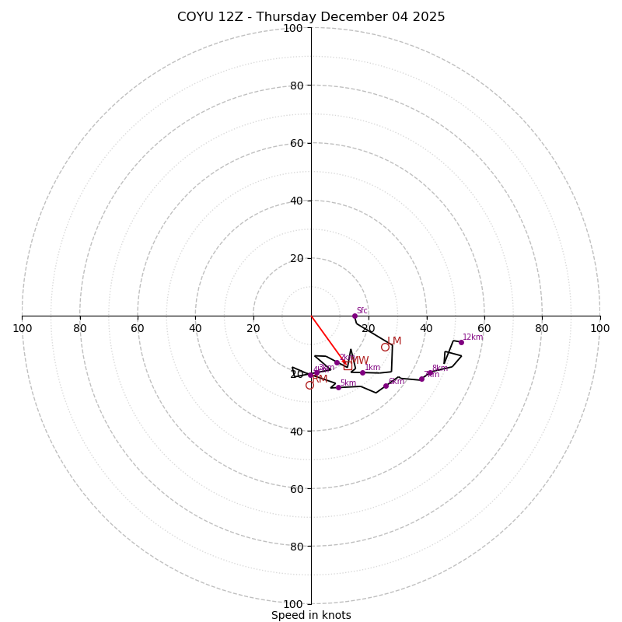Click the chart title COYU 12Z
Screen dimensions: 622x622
tap(311, 17)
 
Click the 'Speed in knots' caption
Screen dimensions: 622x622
tap(311, 615)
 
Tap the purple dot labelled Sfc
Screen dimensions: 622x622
tap(355, 316)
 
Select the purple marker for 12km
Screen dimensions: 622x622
tap(461, 342)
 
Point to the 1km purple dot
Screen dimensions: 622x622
tap(362, 372)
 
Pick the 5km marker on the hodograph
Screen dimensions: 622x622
tap(338, 387)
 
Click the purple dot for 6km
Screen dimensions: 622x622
tap(386, 386)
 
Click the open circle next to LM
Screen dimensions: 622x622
tap(385, 348)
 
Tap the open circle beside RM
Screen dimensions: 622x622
tap(309, 385)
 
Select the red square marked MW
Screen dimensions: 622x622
tap(347, 365)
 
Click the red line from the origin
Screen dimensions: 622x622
tap(327, 339)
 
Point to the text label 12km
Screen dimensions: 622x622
tap(473, 337)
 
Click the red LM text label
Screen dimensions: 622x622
tap(394, 341)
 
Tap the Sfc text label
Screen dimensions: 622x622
tap(362, 311)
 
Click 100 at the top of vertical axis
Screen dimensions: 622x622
tap(293, 28)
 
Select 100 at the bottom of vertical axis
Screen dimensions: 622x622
tap(293, 604)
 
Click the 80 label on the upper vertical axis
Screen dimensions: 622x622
tap(295, 86)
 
